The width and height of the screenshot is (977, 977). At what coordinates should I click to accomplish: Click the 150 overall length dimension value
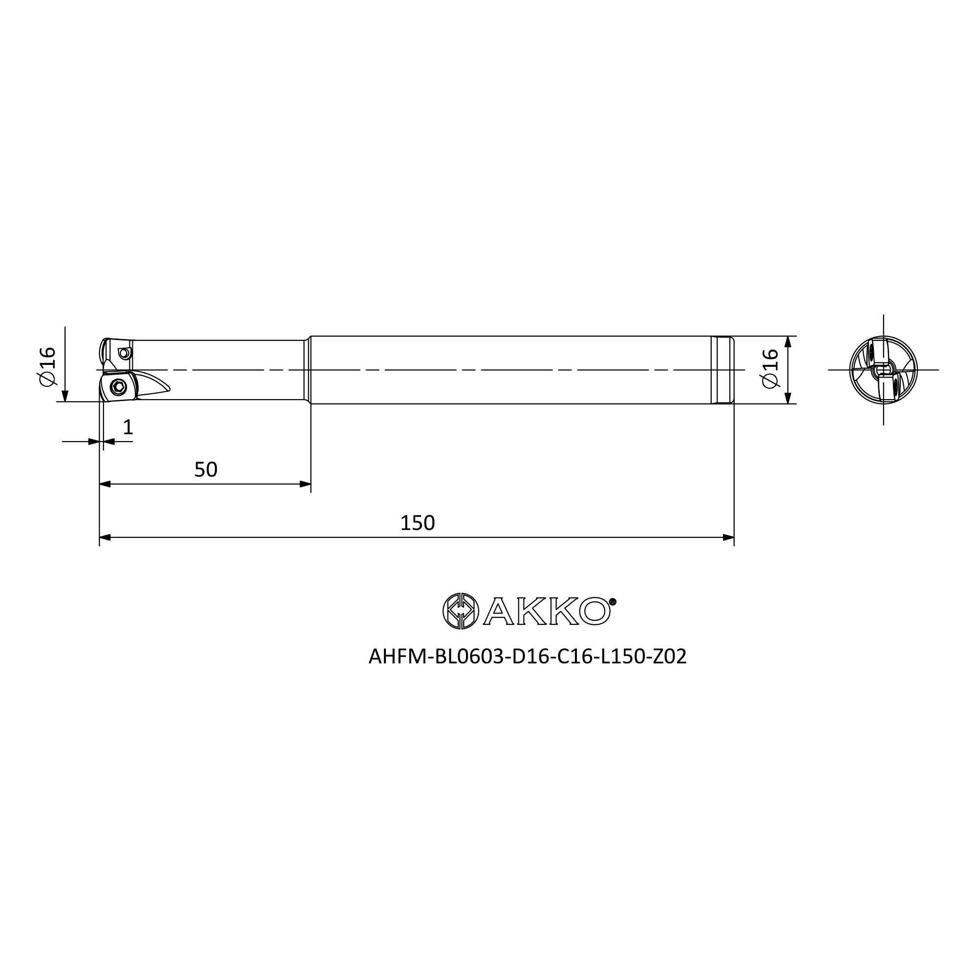click(417, 523)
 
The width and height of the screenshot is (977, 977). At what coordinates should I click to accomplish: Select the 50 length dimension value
click(206, 470)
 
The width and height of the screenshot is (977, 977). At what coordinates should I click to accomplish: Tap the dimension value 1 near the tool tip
click(128, 427)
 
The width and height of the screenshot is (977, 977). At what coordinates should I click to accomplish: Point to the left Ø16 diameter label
click(47, 367)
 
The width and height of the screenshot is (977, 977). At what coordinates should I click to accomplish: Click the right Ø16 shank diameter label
click(770, 368)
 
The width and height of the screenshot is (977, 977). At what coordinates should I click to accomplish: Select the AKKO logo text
click(546, 612)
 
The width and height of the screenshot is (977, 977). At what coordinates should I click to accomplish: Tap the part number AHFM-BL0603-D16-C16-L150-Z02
click(528, 657)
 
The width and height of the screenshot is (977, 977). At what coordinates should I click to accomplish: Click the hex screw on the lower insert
click(119, 387)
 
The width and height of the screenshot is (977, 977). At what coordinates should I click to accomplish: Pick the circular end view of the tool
click(883, 370)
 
